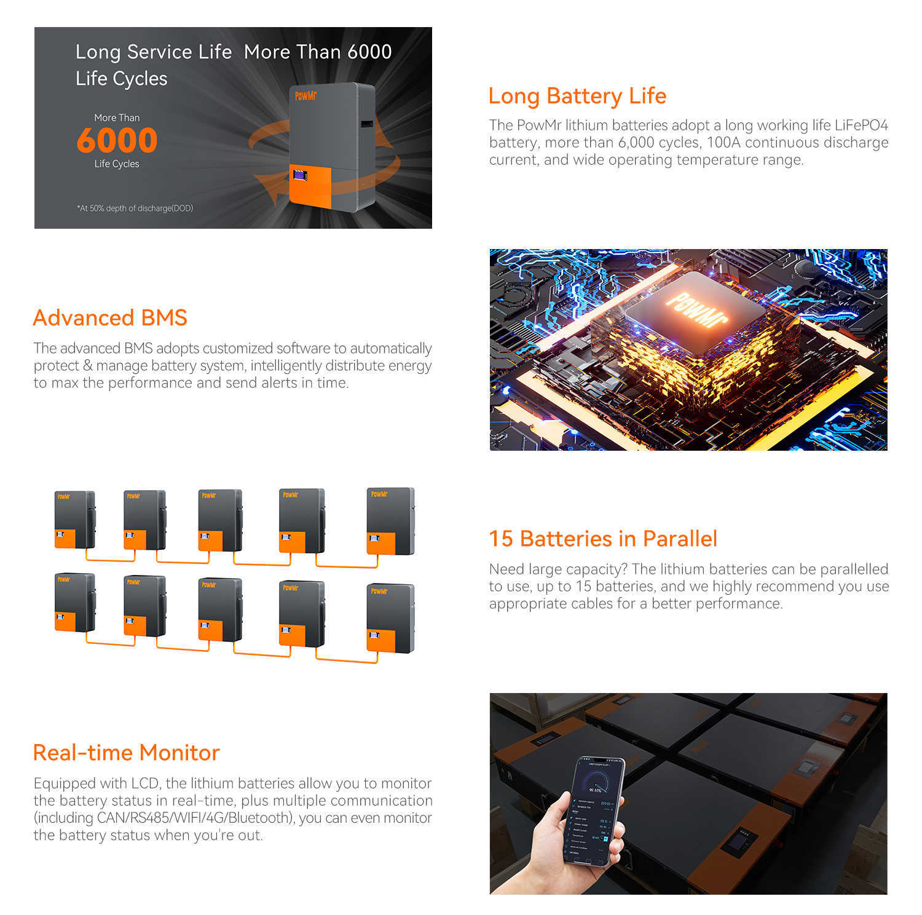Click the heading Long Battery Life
tap(577, 97)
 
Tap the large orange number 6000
tap(117, 140)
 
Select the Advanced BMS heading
tap(110, 318)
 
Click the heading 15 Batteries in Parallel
tap(603, 539)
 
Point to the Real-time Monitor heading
tap(126, 753)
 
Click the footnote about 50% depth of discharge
tap(135, 208)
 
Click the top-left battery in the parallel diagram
tap(74, 520)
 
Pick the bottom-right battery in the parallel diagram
tap(390, 618)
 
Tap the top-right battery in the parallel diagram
tap(390, 521)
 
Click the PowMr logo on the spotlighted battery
tap(305, 95)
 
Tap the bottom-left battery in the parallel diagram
tap(74, 603)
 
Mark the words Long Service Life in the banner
tap(153, 52)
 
